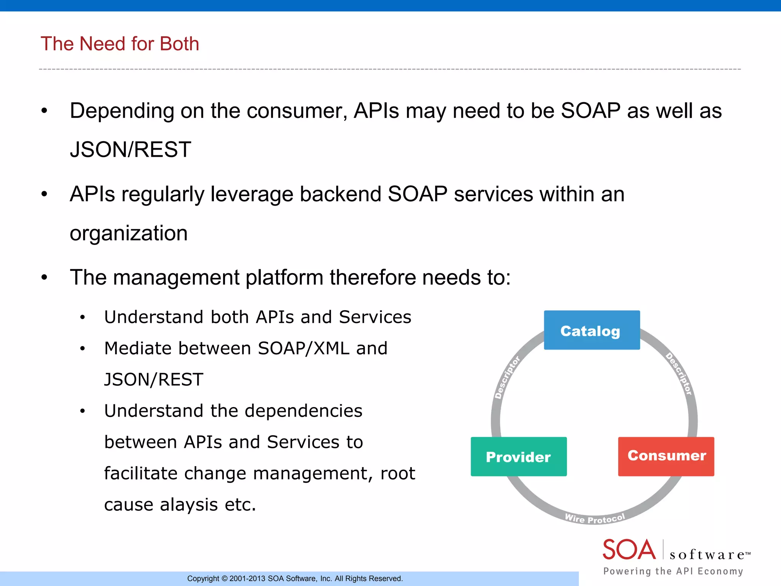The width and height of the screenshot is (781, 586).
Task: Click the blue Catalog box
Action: coord(591,330)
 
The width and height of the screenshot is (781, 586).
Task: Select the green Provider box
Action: coord(518,457)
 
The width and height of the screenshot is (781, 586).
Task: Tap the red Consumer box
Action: coord(666,456)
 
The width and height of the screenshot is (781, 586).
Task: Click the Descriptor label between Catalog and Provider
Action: coord(507,377)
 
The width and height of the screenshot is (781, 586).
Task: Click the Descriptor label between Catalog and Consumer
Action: coord(679,374)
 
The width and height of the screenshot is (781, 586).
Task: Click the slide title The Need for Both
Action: coord(120,43)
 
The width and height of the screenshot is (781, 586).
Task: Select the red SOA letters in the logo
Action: coord(628,550)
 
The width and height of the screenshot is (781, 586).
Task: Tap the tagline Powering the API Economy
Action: coord(673,571)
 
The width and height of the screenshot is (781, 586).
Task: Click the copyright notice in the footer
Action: coord(295,578)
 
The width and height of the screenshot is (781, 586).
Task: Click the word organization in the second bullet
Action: coord(129,233)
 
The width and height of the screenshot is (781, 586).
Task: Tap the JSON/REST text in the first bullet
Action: coord(130,150)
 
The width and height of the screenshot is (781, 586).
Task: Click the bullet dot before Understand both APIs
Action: coord(82,317)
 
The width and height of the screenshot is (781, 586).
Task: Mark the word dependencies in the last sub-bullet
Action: coord(303,411)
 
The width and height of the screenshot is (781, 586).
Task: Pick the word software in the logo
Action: coord(707,554)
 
